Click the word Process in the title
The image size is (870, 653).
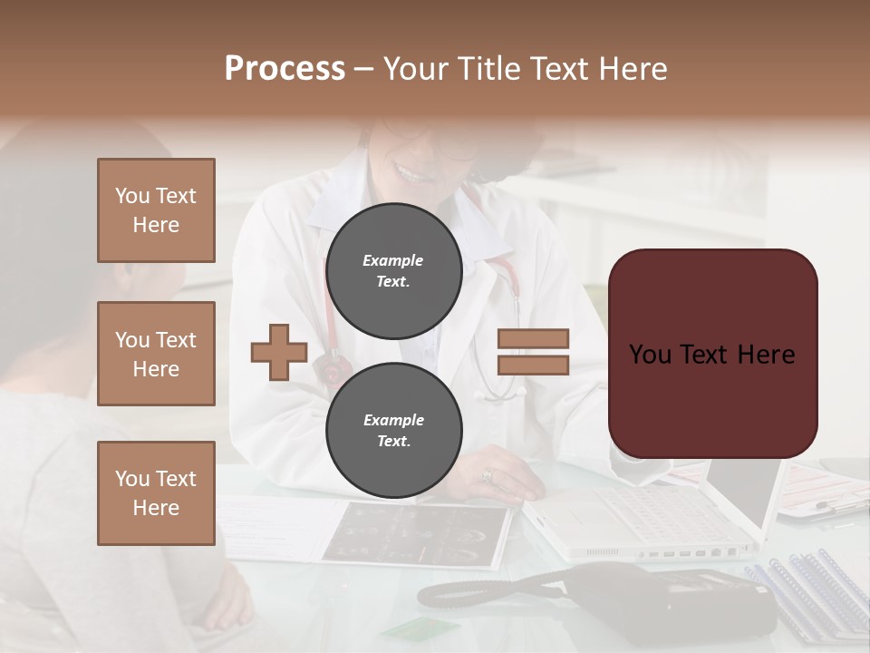click(x=285, y=69)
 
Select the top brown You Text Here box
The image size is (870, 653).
click(x=156, y=210)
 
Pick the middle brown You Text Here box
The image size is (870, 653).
click(x=156, y=354)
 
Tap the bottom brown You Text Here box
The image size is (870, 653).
click(x=156, y=492)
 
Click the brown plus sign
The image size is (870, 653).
click(x=279, y=352)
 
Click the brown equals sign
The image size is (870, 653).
click(x=533, y=352)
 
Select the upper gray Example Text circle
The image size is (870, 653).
click(x=393, y=270)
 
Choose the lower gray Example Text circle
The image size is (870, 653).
click(x=393, y=430)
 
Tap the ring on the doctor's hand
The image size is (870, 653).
click(x=488, y=474)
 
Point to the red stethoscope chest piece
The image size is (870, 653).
click(x=331, y=367)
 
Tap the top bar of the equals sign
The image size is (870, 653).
click(x=533, y=339)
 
